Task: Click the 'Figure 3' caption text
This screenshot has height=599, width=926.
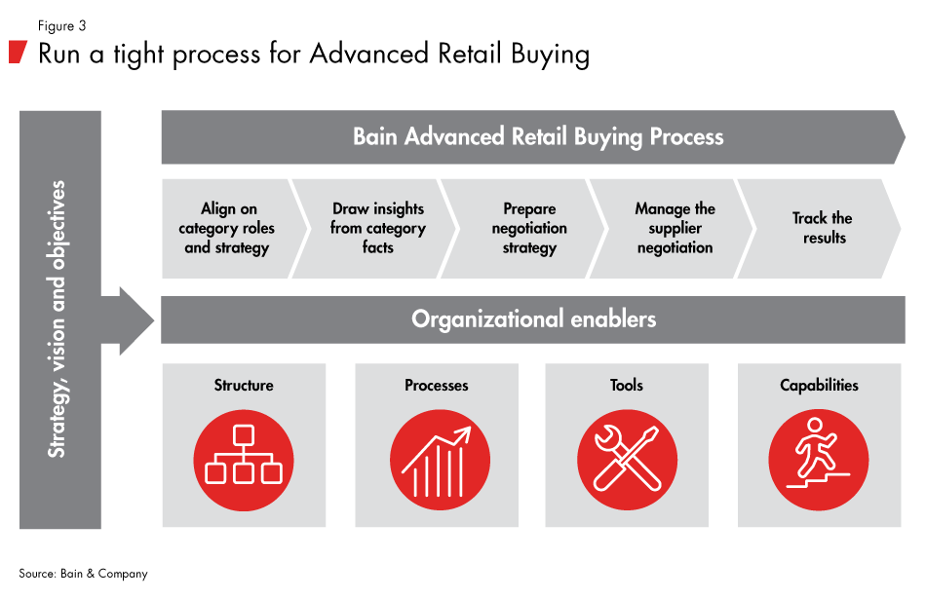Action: (x=60, y=26)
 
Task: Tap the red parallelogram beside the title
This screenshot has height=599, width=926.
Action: (x=18, y=53)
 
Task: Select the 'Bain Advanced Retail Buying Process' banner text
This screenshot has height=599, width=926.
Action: (x=538, y=136)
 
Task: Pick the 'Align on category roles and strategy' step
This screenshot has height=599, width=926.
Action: (x=226, y=229)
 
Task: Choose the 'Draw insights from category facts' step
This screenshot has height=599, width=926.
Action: (x=377, y=229)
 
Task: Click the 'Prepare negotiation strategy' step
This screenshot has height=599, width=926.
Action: (x=529, y=229)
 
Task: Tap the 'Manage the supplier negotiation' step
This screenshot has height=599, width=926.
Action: (x=675, y=229)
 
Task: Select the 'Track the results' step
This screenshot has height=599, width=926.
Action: (x=824, y=228)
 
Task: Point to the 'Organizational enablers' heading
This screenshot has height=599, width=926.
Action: (x=533, y=319)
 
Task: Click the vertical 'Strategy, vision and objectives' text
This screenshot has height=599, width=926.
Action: (x=58, y=318)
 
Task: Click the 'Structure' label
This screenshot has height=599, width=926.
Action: (x=244, y=386)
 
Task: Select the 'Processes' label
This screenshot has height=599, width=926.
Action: (x=436, y=386)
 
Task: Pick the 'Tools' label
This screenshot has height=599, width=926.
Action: (x=626, y=386)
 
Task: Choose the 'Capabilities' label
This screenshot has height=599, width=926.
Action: (x=819, y=386)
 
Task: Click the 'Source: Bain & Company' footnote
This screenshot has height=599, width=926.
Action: (x=83, y=574)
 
